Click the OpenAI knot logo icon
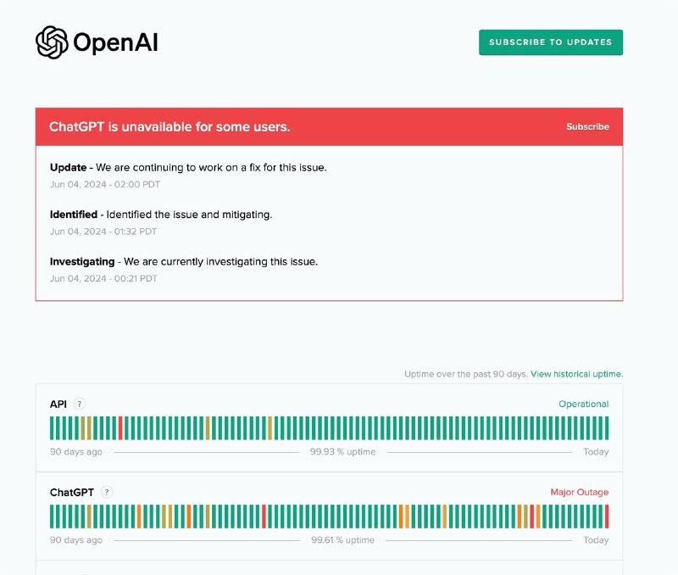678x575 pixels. pyautogui.click(x=52, y=42)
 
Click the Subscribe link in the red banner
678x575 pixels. pyautogui.click(x=587, y=126)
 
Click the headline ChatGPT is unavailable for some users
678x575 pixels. pyautogui.click(x=169, y=126)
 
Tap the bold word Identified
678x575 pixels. pyautogui.click(x=74, y=215)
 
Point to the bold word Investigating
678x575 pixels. pyautogui.click(x=83, y=261)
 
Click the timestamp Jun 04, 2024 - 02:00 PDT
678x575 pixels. pyautogui.click(x=104, y=184)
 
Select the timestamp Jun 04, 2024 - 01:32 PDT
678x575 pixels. pyautogui.click(x=103, y=232)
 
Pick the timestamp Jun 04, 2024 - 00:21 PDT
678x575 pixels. pyautogui.click(x=103, y=278)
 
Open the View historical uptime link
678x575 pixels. pyautogui.click(x=576, y=374)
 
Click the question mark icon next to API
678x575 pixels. pyautogui.click(x=80, y=405)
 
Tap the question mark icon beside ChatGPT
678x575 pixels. pyautogui.click(x=106, y=492)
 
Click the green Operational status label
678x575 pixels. pyautogui.click(x=583, y=405)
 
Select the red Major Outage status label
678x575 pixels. pyautogui.click(x=579, y=492)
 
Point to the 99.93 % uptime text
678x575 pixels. pyautogui.click(x=342, y=452)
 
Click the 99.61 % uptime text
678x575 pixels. pyautogui.click(x=342, y=540)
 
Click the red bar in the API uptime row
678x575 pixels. pyautogui.click(x=120, y=428)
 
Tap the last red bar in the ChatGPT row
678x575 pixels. pyautogui.click(x=607, y=516)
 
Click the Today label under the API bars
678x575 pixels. pyautogui.click(x=596, y=452)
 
